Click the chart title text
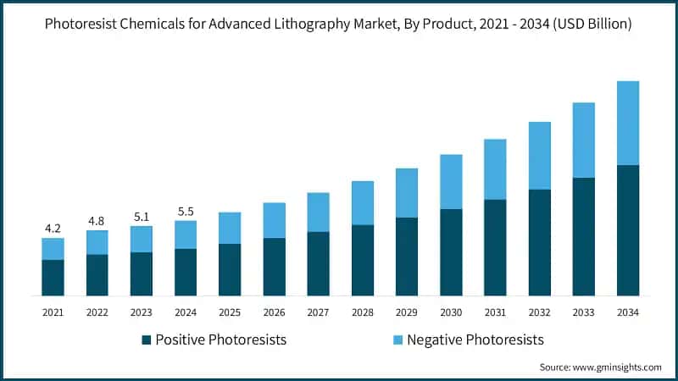click(x=339, y=25)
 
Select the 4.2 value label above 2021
click(x=53, y=228)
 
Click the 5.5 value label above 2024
click(x=185, y=210)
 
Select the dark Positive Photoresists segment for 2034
click(x=628, y=229)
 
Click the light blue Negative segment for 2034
click(x=628, y=123)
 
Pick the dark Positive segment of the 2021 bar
click(x=53, y=277)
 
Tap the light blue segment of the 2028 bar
click(x=363, y=202)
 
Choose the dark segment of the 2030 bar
click(x=451, y=251)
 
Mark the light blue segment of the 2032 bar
click(x=540, y=156)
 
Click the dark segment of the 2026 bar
click(x=274, y=266)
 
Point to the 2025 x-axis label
click(x=230, y=312)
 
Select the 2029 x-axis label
click(x=407, y=312)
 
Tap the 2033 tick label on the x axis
click(x=584, y=312)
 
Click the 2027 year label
click(x=318, y=312)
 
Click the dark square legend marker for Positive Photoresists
click(x=147, y=340)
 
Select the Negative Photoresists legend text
click(x=475, y=340)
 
